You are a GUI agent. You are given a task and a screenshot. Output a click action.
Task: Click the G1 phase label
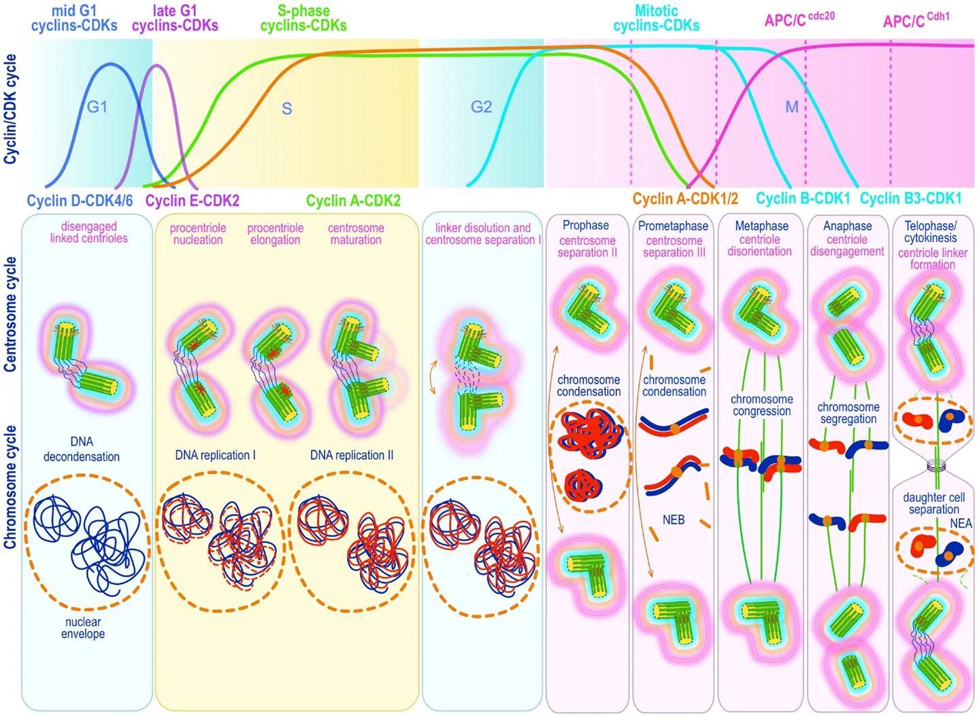click(97, 107)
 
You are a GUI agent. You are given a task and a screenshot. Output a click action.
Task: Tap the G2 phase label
click(481, 107)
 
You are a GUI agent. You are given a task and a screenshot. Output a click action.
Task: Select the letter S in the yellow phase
click(287, 109)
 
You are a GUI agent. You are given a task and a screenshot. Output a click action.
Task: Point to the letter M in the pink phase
click(791, 107)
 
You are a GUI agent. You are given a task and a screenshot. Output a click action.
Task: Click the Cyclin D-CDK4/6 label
click(80, 201)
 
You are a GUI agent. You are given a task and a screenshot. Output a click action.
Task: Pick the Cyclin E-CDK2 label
click(192, 201)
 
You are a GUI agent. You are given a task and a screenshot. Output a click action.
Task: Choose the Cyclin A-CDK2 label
click(353, 201)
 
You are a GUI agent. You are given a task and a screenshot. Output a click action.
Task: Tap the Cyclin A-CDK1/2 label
click(685, 199)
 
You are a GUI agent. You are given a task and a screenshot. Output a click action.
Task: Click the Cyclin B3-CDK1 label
click(910, 199)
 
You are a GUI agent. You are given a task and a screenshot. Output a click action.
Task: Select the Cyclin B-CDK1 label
click(803, 199)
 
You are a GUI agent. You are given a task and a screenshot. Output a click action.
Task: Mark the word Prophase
click(586, 225)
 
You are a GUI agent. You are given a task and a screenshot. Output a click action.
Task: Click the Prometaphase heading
click(673, 226)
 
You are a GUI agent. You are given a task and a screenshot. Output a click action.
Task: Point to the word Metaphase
click(761, 226)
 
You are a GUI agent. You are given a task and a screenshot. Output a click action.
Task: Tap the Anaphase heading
click(847, 226)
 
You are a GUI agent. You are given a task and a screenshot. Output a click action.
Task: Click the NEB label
click(674, 519)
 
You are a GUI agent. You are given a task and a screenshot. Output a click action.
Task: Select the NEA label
click(961, 523)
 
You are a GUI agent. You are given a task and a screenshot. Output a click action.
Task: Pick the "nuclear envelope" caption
click(83, 628)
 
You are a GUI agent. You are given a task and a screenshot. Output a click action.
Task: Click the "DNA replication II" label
click(352, 455)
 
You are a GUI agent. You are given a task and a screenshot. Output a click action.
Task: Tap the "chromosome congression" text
click(761, 405)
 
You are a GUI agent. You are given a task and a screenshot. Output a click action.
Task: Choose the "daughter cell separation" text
click(933, 503)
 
